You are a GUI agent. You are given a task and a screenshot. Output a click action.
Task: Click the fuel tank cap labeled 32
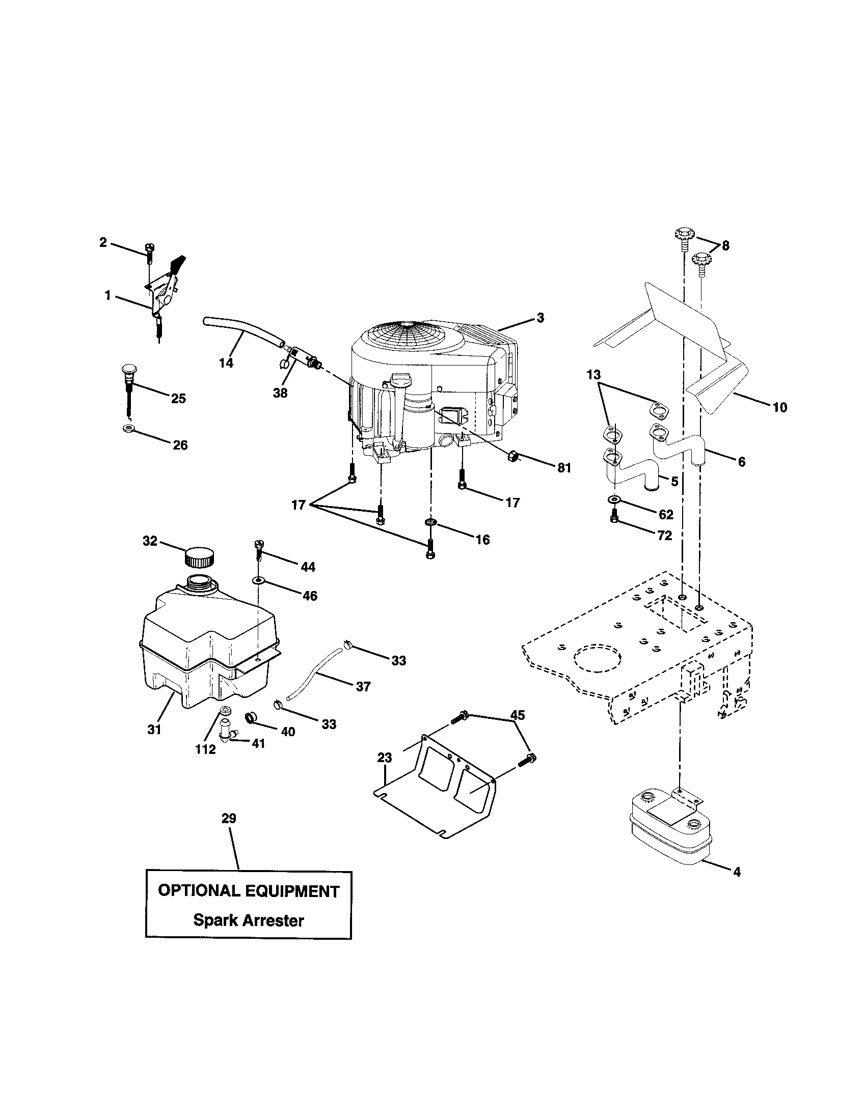(199, 557)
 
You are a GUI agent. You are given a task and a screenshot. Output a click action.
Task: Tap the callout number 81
(564, 468)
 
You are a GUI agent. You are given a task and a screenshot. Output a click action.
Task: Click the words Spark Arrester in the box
(248, 920)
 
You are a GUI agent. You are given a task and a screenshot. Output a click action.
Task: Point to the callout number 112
(205, 749)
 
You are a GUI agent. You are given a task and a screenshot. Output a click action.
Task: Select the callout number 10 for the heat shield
(779, 408)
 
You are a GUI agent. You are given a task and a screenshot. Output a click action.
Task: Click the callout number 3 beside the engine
(539, 318)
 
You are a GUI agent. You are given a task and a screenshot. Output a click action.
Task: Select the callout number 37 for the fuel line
(363, 686)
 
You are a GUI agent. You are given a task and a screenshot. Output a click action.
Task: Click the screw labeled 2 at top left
(149, 253)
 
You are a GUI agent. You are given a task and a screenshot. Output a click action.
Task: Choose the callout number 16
(482, 540)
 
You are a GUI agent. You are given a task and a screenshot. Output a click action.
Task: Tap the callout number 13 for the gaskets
(593, 375)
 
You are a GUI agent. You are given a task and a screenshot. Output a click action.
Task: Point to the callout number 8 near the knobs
(725, 246)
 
